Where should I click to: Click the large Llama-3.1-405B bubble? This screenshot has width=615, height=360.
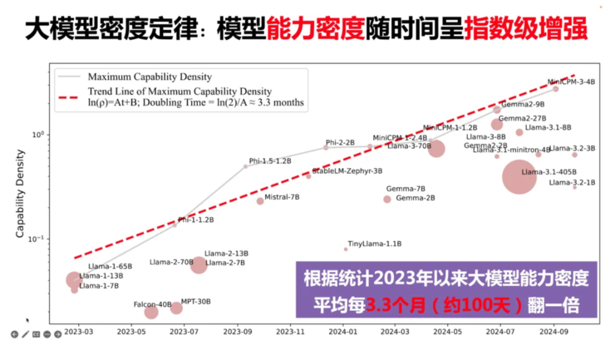click(x=520, y=176)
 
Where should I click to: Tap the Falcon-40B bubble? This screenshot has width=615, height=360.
click(x=151, y=312)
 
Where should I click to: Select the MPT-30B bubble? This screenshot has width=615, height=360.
click(x=176, y=308)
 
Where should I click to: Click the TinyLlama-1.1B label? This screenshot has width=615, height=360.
click(x=375, y=244)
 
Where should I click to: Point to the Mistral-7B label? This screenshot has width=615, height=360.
click(x=282, y=197)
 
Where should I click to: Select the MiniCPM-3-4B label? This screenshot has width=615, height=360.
click(x=571, y=82)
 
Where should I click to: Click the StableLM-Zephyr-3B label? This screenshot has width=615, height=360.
click(x=347, y=171)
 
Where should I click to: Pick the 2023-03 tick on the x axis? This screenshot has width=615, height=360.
click(x=78, y=331)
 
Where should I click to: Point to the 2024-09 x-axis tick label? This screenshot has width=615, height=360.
click(x=552, y=331)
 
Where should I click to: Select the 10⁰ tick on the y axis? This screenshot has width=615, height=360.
click(x=37, y=134)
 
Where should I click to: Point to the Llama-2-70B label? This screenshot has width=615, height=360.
click(x=170, y=262)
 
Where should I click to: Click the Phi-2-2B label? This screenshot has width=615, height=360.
click(x=340, y=143)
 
